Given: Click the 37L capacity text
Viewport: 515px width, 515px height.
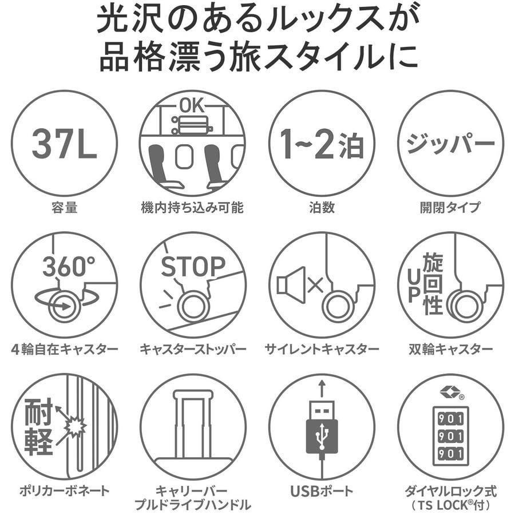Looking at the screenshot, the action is (64, 144).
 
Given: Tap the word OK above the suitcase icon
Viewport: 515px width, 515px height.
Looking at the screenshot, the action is (192, 106).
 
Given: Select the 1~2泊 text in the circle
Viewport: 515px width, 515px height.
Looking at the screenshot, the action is (322, 144).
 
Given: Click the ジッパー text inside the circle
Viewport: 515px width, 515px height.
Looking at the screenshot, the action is (450, 143).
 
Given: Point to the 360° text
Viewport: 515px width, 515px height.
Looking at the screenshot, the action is (69, 266).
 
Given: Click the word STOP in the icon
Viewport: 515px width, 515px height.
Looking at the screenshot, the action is (193, 266).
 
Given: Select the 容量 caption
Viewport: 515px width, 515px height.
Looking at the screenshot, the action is (64, 207).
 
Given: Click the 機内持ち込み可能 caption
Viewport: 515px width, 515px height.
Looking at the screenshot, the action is (192, 207).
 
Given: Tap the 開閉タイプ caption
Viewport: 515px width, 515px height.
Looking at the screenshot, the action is (450, 207).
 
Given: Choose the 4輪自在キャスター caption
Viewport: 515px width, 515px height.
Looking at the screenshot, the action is (64, 349).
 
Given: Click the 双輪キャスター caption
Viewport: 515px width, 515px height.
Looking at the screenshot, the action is (451, 349).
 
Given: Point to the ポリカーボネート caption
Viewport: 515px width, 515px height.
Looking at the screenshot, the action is (64, 491).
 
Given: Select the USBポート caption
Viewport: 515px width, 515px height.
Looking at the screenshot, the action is (322, 491).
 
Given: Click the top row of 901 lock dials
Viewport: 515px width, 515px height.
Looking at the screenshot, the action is (450, 419).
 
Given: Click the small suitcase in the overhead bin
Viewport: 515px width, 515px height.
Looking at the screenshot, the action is (192, 125).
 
